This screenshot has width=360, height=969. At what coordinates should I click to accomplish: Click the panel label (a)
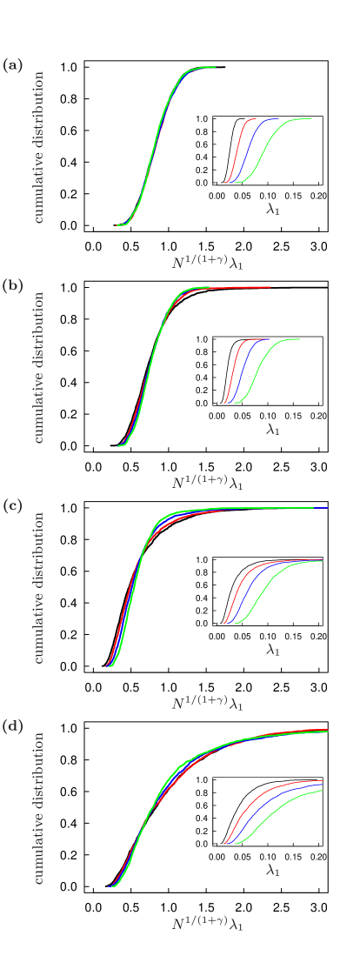pos(13,65)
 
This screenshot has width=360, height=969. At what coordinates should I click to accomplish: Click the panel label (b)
pos(13,285)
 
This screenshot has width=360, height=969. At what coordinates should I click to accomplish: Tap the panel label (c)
pos(13,505)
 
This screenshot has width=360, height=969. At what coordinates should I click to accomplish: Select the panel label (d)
pos(13,726)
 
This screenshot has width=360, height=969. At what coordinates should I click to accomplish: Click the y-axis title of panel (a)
pos(38,147)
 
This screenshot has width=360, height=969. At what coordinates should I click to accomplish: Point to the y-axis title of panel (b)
pos(38,367)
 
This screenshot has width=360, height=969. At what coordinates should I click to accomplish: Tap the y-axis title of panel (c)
pos(38,587)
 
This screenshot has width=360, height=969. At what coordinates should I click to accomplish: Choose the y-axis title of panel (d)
pos(38,807)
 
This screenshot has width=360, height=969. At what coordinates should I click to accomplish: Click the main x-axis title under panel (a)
pos(207,261)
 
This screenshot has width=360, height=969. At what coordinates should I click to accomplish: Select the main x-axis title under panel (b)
pos(207,481)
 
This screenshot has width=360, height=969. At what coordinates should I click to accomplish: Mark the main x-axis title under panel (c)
pos(207,702)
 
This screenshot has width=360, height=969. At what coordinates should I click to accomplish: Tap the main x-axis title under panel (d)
pos(207,922)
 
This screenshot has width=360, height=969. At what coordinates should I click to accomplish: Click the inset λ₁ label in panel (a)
pos(273,209)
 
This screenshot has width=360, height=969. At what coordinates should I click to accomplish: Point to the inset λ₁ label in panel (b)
pos(273,429)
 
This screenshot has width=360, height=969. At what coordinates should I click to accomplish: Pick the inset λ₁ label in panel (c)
pos(273,649)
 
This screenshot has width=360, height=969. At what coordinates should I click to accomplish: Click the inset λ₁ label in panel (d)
pos(273,869)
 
